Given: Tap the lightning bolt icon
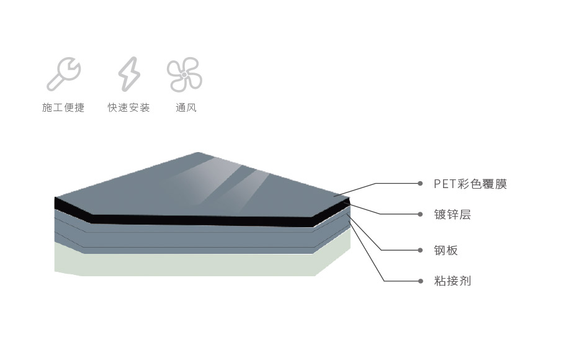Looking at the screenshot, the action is (x=129, y=74).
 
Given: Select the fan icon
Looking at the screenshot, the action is (x=184, y=74).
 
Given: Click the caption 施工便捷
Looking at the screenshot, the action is (x=63, y=107).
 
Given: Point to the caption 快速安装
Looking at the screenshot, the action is (x=129, y=107).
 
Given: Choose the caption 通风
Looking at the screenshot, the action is (x=186, y=107).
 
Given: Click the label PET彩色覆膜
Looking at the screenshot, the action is (x=470, y=184).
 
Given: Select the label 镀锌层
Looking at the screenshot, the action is (x=452, y=214).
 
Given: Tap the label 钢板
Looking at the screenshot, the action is (x=446, y=250).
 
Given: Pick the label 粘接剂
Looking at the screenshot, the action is (x=452, y=281).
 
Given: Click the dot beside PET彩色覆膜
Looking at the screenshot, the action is (x=420, y=184).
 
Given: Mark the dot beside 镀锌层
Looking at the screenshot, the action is (x=420, y=214).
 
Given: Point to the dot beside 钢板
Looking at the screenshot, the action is (x=420, y=250).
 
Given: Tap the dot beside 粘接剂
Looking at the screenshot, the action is (x=420, y=281).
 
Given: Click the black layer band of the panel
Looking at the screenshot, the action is (x=200, y=220).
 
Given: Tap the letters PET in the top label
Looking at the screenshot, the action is (x=445, y=184).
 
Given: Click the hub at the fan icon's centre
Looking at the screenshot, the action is (x=184, y=74).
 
